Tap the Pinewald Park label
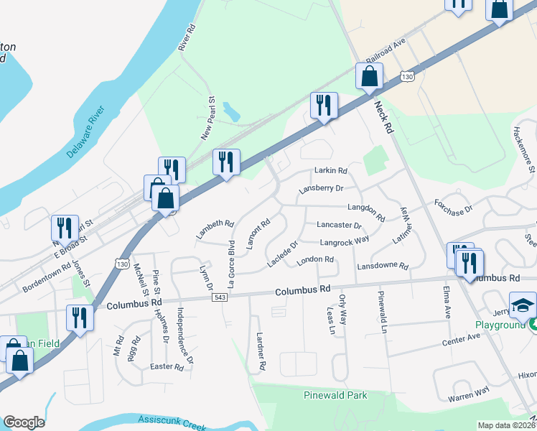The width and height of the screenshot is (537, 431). pos(335,395)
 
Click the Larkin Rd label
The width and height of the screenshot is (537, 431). pos(330,171)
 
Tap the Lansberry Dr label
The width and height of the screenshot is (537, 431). pos(321,188)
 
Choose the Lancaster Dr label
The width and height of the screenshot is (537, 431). pos(338,225)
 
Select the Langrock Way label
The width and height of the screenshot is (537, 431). pos(345,241)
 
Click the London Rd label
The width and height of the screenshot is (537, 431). pos(316,259)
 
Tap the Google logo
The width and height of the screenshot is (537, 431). pos(24,422)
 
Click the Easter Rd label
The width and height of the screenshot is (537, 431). pos(167,367)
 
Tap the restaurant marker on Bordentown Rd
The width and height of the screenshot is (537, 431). pos(65,228)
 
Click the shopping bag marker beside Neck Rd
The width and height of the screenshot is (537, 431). pos(369,77)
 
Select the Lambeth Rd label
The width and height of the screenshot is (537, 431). pos(215,228)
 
